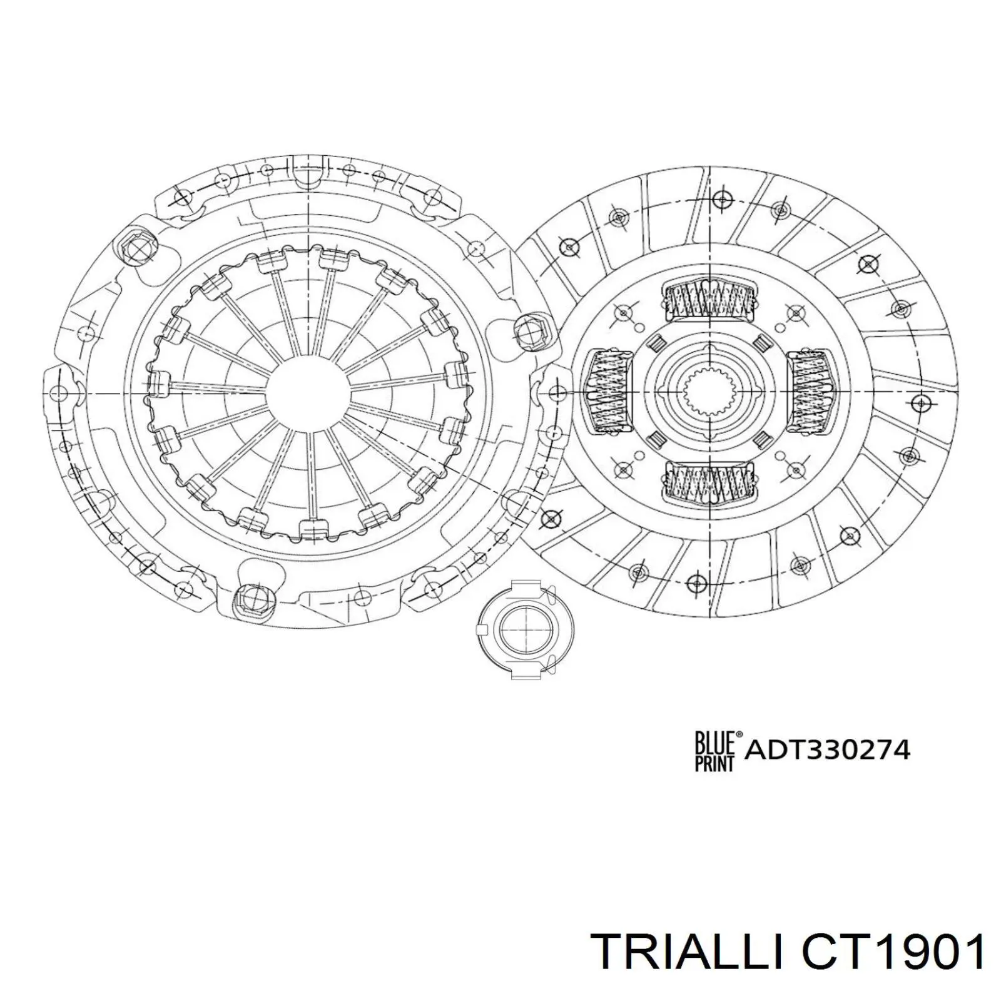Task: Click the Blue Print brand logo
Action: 717,751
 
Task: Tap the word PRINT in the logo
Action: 714,761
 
